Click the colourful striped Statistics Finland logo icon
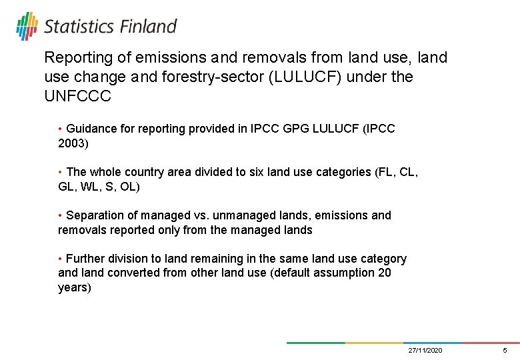(x=27, y=26)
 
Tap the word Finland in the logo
(x=148, y=27)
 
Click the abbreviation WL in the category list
(x=91, y=187)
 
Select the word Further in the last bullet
(x=85, y=259)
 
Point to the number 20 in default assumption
(x=384, y=273)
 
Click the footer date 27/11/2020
(x=425, y=351)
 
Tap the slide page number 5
(x=505, y=351)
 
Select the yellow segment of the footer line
(x=374, y=343)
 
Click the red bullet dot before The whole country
(x=61, y=172)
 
